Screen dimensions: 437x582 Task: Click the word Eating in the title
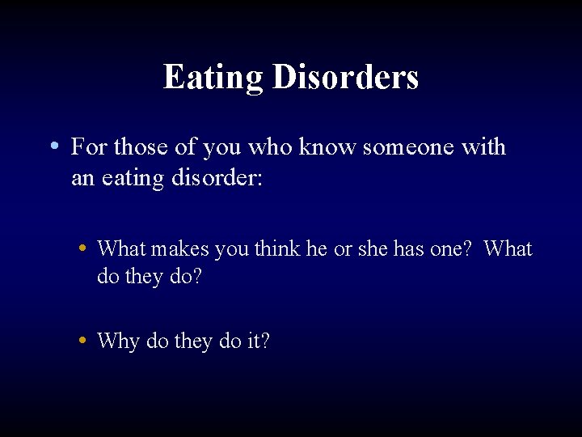coord(213,78)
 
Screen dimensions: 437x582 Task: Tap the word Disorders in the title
coord(345,78)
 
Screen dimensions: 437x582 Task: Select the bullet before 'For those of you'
coord(53,146)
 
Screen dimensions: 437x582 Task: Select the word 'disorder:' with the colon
coord(217,178)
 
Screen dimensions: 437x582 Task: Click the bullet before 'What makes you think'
coord(83,248)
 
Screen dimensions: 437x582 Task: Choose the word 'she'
coord(373,249)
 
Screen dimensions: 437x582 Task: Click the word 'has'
coord(409,249)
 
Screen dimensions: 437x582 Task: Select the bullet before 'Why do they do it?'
coord(83,340)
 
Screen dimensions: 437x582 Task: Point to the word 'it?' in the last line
coord(256,342)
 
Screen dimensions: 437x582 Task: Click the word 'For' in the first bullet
coord(87,147)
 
